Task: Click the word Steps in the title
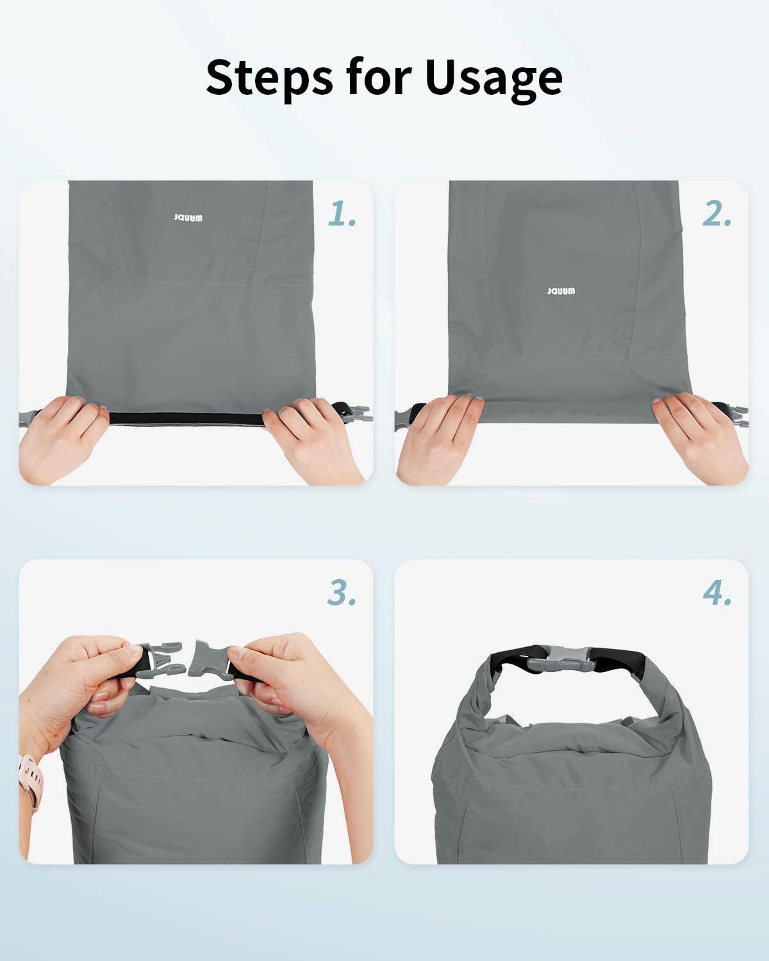269,78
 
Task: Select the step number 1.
342,213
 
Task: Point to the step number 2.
716,213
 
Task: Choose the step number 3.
342,593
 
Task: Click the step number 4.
717,593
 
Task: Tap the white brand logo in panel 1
188,218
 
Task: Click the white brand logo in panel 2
561,291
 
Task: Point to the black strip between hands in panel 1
186,420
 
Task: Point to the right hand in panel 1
313,440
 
